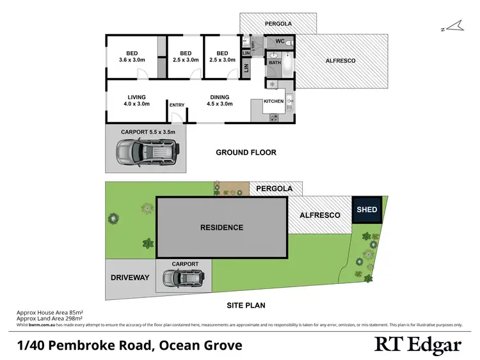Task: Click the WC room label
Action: pyautogui.click(x=280, y=42)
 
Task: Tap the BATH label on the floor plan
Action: pyautogui.click(x=275, y=63)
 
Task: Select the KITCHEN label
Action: pyautogui.click(x=273, y=101)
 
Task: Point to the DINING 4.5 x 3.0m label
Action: pyautogui.click(x=220, y=100)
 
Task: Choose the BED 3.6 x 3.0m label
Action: pyautogui.click(x=132, y=56)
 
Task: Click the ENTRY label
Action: pyautogui.click(x=177, y=106)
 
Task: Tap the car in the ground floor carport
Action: pyautogui.click(x=147, y=152)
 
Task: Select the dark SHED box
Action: pyautogui.click(x=367, y=209)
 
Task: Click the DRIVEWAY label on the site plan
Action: pyautogui.click(x=130, y=278)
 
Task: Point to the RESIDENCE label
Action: pyautogui.click(x=222, y=227)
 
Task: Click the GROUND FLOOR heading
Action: pyautogui.click(x=246, y=152)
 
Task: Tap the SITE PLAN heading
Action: pyautogui.click(x=246, y=305)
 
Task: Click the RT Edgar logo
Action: pyautogui.click(x=417, y=345)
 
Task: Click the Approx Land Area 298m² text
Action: pyautogui.click(x=50, y=318)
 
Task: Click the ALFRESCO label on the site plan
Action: pyautogui.click(x=320, y=215)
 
